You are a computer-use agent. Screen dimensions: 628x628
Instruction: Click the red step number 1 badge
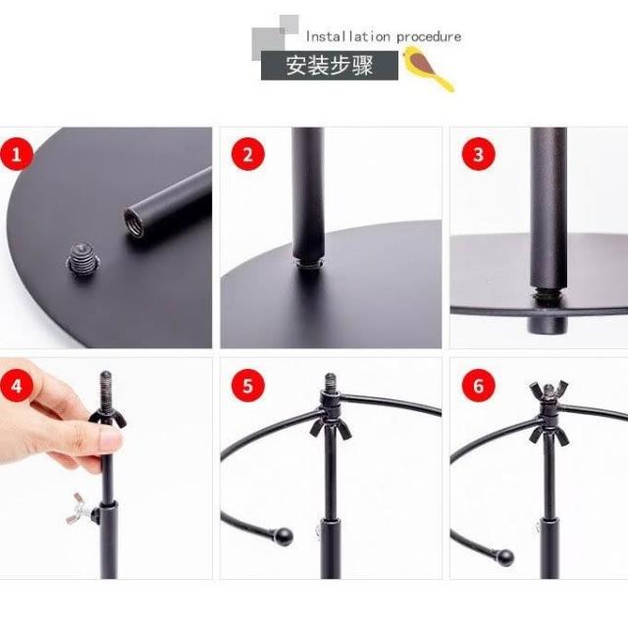click(x=17, y=155)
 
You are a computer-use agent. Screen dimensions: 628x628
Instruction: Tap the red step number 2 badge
click(x=248, y=154)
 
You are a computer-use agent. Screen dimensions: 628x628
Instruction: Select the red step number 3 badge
click(x=478, y=154)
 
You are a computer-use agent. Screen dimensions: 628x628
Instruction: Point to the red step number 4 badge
click(x=17, y=386)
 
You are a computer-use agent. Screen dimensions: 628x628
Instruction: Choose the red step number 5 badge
click(x=248, y=386)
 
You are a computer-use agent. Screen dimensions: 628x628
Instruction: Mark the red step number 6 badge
click(x=478, y=386)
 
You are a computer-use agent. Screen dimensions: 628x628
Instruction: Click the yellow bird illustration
click(x=428, y=68)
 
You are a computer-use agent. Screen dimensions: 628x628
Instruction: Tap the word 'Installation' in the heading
click(x=347, y=37)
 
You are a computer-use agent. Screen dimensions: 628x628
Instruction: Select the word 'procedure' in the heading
click(x=429, y=37)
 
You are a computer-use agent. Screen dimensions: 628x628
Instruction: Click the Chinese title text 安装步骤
click(x=330, y=66)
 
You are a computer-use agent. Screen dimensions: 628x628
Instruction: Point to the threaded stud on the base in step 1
click(x=82, y=257)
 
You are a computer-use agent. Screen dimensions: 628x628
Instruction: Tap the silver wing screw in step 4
click(x=79, y=508)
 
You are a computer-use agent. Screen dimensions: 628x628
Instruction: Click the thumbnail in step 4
click(x=109, y=441)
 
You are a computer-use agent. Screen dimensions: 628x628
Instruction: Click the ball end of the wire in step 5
click(x=284, y=537)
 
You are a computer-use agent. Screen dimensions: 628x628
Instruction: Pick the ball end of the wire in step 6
click(x=504, y=557)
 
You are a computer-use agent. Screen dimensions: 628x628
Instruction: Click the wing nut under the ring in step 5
click(x=331, y=429)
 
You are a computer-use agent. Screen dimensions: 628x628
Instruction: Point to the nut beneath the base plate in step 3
click(x=548, y=324)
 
